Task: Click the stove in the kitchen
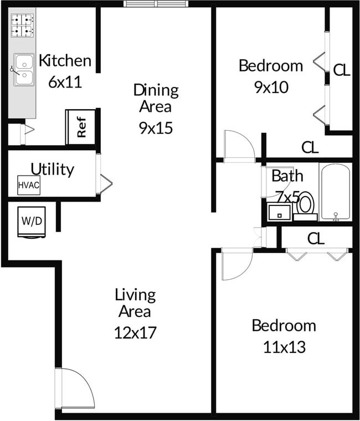click(x=22, y=25)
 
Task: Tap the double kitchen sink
click(x=23, y=70)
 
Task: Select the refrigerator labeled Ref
click(x=81, y=127)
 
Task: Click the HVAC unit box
click(x=29, y=185)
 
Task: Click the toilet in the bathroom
click(x=305, y=205)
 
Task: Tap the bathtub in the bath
click(x=335, y=192)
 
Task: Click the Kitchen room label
click(x=64, y=60)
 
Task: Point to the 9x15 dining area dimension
click(x=156, y=128)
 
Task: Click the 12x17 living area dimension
click(x=136, y=332)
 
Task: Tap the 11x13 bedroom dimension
click(x=284, y=347)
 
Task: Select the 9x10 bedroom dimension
click(x=271, y=87)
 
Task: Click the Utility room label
click(x=52, y=169)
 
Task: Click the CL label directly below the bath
click(x=316, y=238)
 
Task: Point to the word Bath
click(x=287, y=176)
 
